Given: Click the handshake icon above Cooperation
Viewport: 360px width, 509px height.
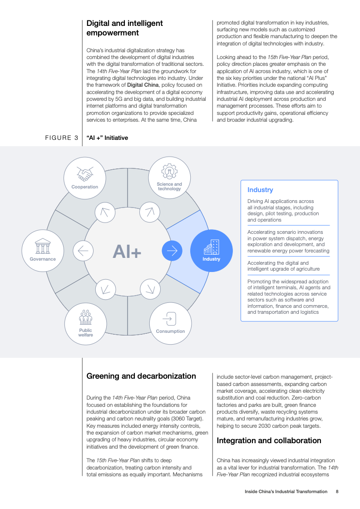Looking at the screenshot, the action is pos(85,174).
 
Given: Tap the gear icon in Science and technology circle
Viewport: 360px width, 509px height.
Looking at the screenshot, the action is pos(169,171).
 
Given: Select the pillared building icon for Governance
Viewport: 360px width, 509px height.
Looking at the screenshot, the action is pos(43,246).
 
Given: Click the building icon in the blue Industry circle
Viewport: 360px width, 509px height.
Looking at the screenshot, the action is pos(212,247).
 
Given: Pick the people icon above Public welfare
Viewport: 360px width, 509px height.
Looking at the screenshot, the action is pos(86,317).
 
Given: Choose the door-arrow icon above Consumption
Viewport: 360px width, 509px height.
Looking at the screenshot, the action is pos(169,319).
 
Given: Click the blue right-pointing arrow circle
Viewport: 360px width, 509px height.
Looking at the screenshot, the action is pos(172,251).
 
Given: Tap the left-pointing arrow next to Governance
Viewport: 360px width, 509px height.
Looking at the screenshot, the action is pos(83,251).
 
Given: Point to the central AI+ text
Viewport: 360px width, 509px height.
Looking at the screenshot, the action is pos(127,252).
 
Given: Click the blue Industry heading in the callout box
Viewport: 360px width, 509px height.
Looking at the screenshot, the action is pos(260,190).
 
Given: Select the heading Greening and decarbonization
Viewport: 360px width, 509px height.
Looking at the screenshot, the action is pos(141,376).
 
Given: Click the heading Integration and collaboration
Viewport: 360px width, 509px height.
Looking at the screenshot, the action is pos(269,440).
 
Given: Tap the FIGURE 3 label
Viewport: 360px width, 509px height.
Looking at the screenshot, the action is pos(62,138).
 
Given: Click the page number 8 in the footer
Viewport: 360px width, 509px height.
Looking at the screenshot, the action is pos(337,491).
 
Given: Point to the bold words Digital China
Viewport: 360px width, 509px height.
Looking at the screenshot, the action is pos(143,85).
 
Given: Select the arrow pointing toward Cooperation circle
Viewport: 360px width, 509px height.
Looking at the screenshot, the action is pos(105,212).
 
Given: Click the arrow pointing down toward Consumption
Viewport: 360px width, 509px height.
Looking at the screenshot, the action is pos(150,289).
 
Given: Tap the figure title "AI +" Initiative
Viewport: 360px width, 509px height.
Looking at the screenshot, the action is pos(107,138).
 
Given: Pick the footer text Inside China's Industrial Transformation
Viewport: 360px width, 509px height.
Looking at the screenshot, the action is pos(286,491).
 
